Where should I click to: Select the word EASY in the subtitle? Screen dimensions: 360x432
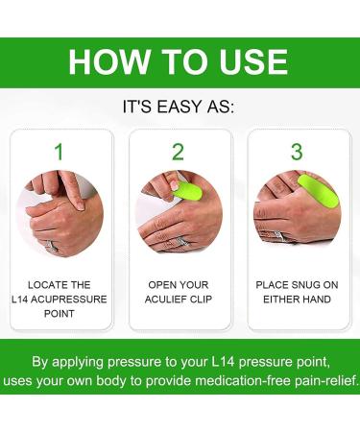(183, 107)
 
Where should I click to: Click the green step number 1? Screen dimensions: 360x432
(59, 152)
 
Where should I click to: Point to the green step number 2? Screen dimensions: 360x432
(178, 152)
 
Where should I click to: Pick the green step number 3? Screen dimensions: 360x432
(297, 152)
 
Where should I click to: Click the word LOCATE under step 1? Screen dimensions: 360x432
(48, 285)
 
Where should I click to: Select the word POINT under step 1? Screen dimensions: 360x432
(60, 314)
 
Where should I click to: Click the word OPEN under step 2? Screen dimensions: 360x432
(162, 285)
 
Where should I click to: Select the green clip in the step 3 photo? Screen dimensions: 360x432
(317, 192)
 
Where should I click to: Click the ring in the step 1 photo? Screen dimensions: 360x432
(51, 246)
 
